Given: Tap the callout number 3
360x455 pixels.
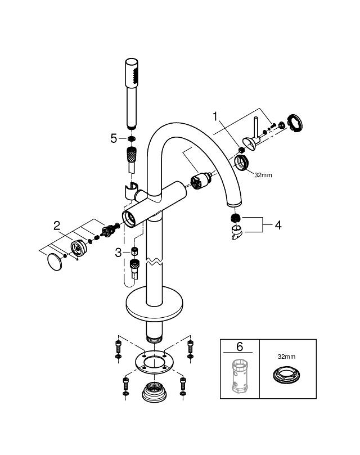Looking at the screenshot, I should [x=118, y=253].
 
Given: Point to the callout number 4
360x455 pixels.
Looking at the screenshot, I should [x=277, y=225].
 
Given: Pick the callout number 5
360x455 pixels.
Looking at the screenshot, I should [x=114, y=138].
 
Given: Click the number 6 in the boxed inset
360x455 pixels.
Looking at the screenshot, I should [x=239, y=347].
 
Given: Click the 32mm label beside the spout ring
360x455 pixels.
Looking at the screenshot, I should [x=263, y=175].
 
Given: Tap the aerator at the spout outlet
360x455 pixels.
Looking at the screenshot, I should [x=235, y=218].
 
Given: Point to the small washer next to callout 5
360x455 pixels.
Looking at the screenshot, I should [x=130, y=138].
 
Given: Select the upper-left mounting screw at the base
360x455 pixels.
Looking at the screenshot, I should [x=118, y=346].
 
